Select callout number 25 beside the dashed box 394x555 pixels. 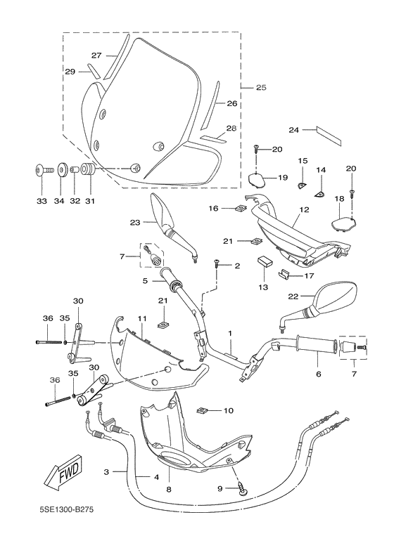(261, 87)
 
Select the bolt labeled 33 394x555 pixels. (41, 170)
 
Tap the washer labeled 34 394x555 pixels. (60, 170)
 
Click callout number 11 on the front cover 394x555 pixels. (141, 318)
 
